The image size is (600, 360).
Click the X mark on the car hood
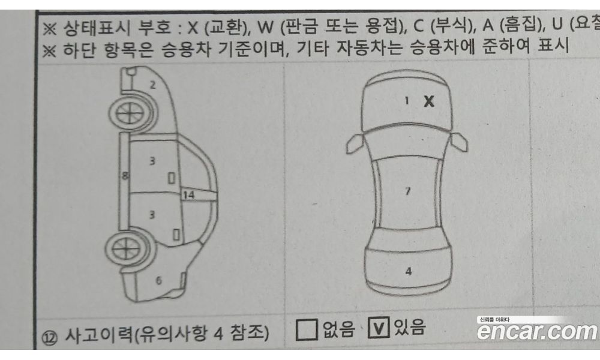tap(429, 101)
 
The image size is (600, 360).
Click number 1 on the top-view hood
tap(407, 101)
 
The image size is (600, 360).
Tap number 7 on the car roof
tap(408, 191)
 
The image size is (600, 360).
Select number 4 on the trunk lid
tap(408, 271)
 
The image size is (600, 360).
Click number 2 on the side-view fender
tap(152, 85)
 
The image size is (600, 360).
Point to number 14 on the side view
tap(188, 195)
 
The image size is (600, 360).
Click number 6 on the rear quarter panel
tap(158, 280)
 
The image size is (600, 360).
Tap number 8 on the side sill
tap(125, 176)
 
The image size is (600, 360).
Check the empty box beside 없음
tap(307, 329)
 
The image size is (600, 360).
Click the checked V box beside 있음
tap(378, 328)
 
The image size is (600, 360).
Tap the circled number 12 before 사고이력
tap(49, 337)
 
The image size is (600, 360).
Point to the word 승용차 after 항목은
tap(185, 49)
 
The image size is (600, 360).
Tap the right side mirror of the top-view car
tap(459, 142)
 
